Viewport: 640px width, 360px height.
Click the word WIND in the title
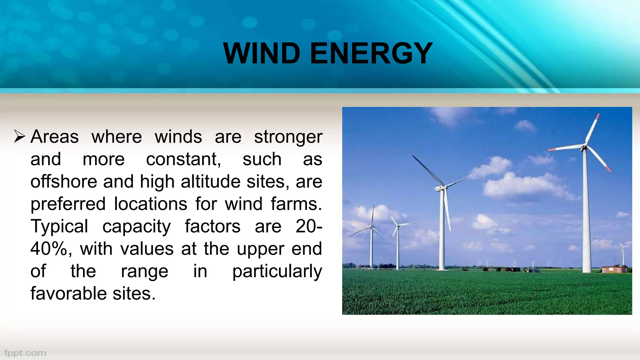(262, 53)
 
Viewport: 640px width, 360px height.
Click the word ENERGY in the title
(371, 53)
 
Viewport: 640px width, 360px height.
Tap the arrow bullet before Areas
(19, 137)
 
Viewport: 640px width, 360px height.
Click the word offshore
(64, 182)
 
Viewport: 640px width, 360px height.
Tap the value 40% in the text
(49, 249)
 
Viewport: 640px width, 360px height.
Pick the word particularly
(277, 271)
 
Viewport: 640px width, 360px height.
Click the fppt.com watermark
(25, 353)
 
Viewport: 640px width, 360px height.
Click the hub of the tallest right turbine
(584, 147)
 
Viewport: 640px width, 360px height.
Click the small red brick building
(614, 269)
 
